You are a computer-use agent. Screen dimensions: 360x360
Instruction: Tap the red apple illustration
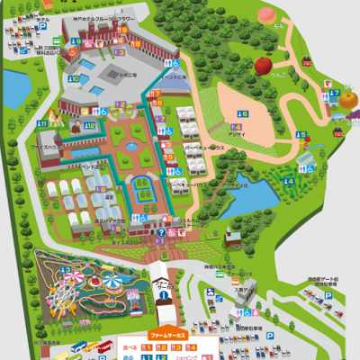[x=263, y=65]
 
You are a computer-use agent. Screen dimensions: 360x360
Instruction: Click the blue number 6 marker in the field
[x=241, y=112]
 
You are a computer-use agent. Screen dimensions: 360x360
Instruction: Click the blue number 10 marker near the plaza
[x=90, y=124]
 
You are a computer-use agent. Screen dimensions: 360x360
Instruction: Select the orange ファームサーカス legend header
[x=167, y=333]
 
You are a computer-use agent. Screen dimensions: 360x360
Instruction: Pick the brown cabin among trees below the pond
[x=232, y=238]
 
